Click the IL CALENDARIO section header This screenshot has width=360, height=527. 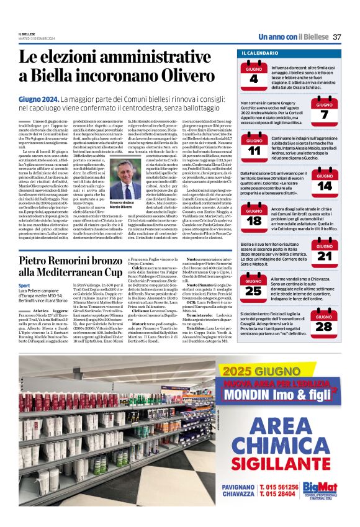261,54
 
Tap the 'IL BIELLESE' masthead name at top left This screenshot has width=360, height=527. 30,34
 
